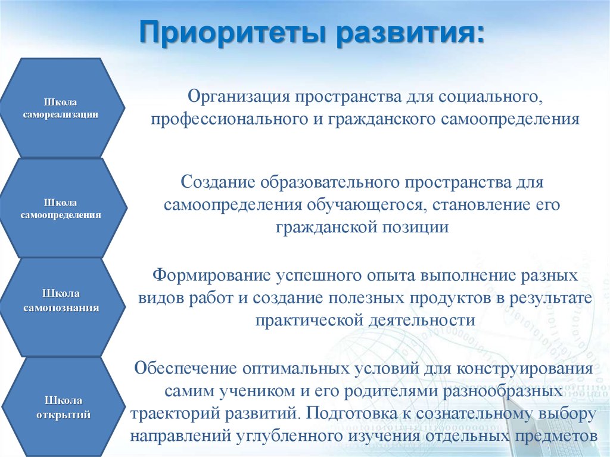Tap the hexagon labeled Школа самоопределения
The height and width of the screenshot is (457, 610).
(x=63, y=208)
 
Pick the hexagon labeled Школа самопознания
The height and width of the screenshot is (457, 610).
(x=62, y=307)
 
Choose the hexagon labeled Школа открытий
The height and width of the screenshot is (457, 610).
(x=63, y=407)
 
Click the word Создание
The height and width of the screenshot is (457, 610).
(x=218, y=182)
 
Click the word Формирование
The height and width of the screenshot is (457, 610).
(x=211, y=275)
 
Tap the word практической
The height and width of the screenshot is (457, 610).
(x=309, y=321)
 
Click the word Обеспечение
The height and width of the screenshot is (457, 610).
(x=185, y=368)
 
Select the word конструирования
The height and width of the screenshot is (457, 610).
(x=525, y=369)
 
